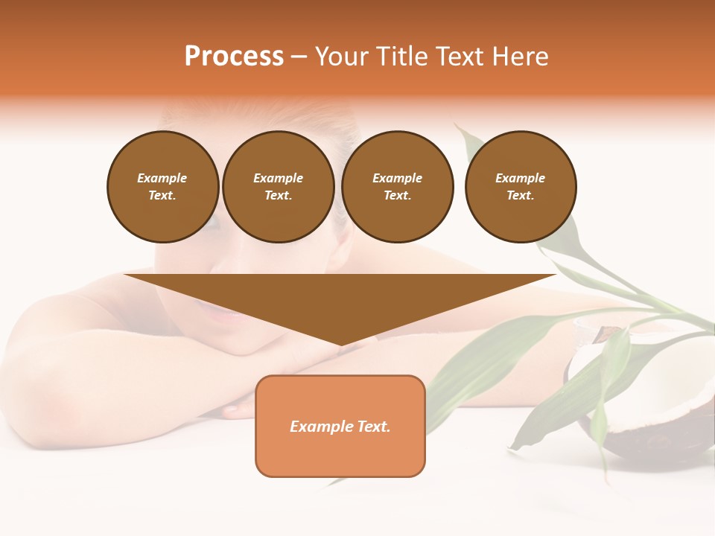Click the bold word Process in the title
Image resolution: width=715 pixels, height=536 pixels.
pyautogui.click(x=234, y=57)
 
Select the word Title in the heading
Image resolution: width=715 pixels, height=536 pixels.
pyautogui.click(x=401, y=57)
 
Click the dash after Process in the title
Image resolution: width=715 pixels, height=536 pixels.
pyautogui.click(x=299, y=57)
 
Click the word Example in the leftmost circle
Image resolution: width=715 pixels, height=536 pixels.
pyautogui.click(x=162, y=178)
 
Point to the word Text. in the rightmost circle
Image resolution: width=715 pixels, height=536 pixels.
pyautogui.click(x=520, y=195)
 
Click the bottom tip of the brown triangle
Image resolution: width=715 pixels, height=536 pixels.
pyautogui.click(x=341, y=344)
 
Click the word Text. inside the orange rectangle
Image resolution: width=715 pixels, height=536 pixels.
pyautogui.click(x=374, y=427)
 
